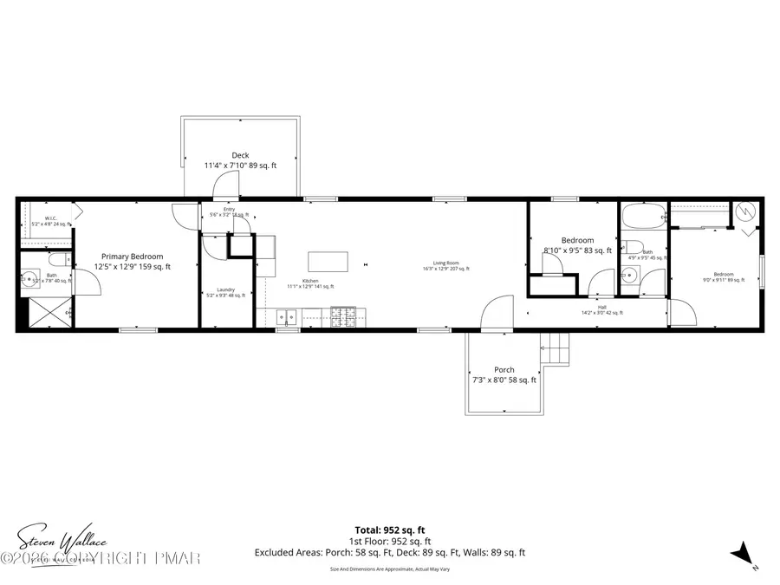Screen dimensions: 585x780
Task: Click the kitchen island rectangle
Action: click(328, 262)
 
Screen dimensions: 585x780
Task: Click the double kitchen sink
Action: click(287, 317)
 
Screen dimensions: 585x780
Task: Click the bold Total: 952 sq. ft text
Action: click(389, 530)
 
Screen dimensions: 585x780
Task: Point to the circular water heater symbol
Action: click(744, 211)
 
